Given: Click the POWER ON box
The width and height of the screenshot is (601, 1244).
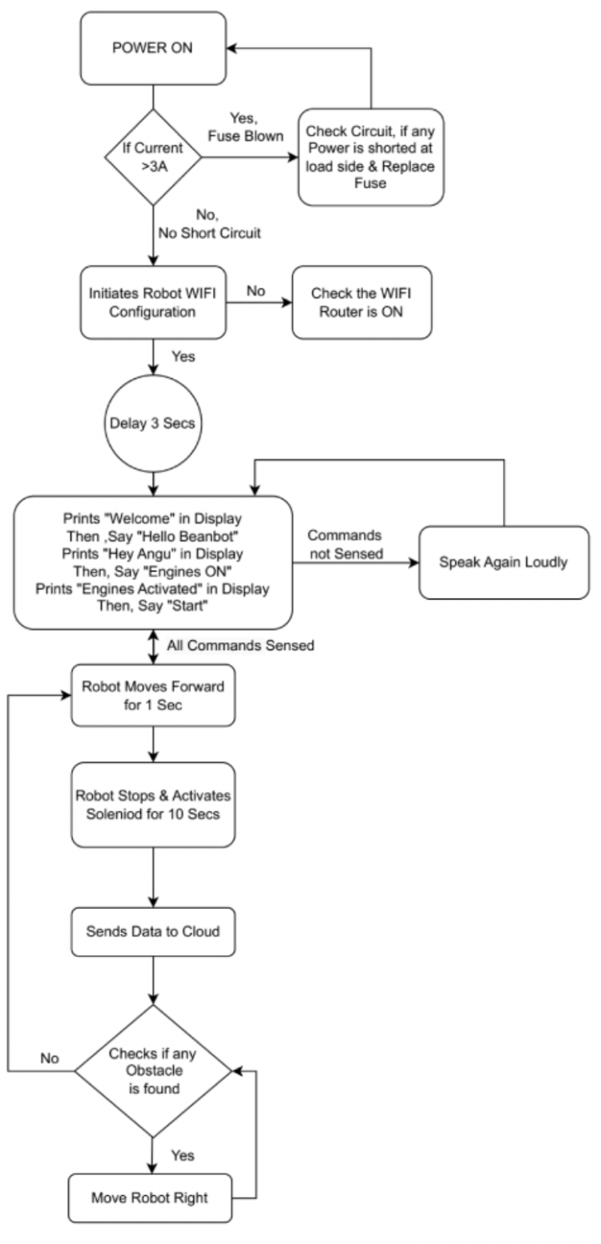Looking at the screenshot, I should [153, 47].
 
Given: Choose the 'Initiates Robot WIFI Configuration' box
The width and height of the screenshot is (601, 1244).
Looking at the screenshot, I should [153, 302].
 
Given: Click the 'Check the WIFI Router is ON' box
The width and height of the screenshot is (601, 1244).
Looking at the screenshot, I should [361, 302].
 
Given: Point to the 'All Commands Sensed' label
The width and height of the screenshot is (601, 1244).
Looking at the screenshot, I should [240, 644].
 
